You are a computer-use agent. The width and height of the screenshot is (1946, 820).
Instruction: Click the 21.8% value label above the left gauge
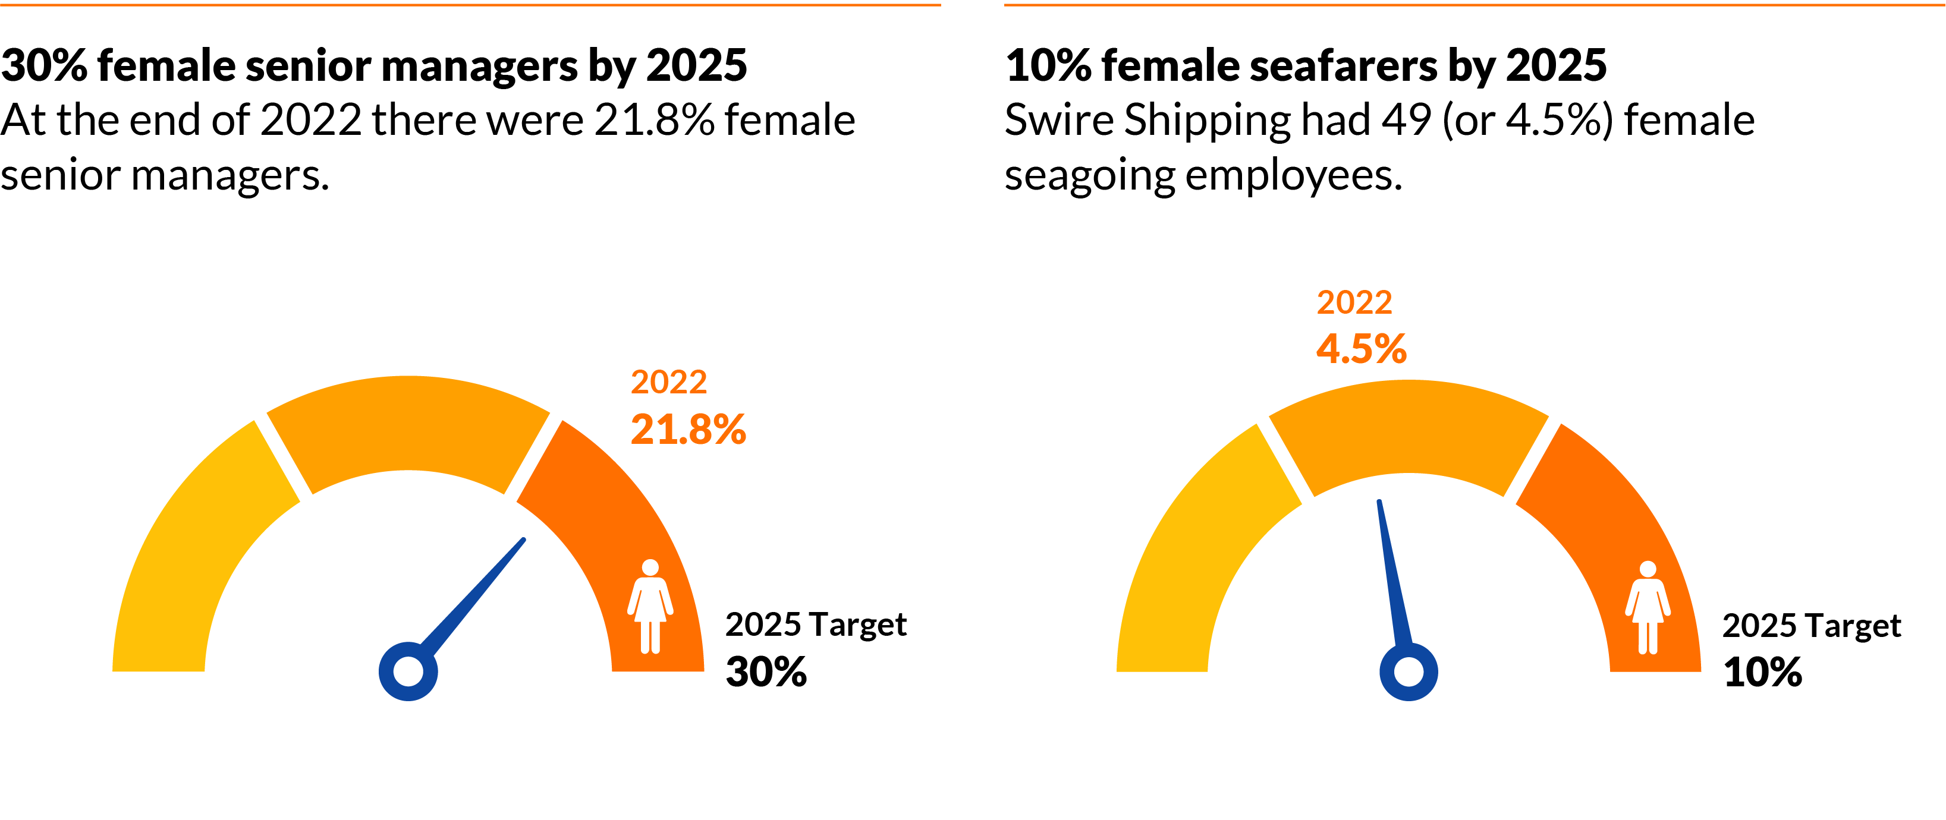(x=688, y=430)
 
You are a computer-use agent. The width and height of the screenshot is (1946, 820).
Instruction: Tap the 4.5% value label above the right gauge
(x=1362, y=349)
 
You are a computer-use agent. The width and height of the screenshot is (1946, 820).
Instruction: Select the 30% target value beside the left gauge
(x=766, y=671)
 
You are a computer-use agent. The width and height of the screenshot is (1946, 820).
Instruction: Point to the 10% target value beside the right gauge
(x=1762, y=672)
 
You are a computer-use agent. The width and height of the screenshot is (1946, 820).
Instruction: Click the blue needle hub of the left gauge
(x=408, y=671)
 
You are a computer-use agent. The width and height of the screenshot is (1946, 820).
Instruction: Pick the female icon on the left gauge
(x=650, y=606)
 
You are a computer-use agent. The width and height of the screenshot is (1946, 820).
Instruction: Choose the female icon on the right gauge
(x=1648, y=607)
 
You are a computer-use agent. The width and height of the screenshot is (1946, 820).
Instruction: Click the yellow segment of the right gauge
(x=1201, y=551)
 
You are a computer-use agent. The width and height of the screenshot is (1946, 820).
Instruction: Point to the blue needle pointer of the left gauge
(x=476, y=593)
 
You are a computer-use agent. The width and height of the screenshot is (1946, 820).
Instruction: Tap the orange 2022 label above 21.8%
(x=668, y=382)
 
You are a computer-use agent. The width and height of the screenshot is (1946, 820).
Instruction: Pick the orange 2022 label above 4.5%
(x=1354, y=303)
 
